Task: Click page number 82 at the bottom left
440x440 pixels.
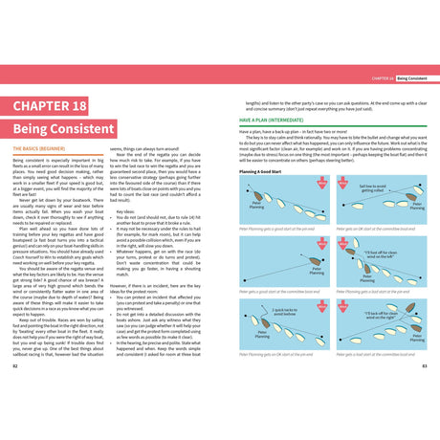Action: tap(14, 365)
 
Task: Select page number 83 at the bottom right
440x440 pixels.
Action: tap(424, 365)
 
